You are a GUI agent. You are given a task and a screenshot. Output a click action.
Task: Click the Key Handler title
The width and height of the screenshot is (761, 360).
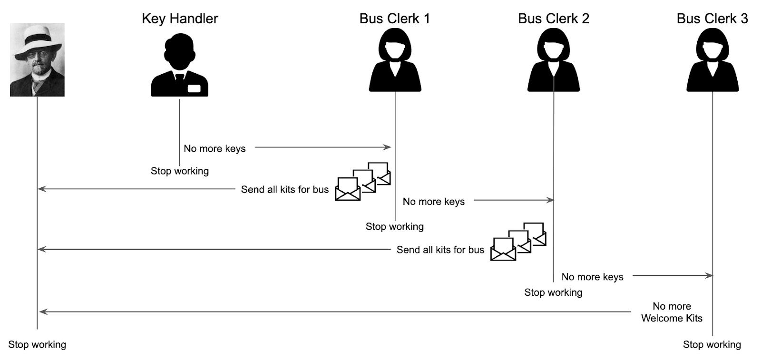(x=180, y=19)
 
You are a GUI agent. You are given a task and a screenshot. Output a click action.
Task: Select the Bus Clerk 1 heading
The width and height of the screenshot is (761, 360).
(x=394, y=19)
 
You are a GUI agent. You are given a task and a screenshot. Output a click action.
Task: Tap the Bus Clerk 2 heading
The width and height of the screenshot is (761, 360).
(x=553, y=19)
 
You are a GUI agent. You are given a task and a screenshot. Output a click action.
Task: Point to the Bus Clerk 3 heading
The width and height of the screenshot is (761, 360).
(x=712, y=19)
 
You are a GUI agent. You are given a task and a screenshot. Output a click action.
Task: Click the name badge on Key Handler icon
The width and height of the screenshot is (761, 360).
(x=194, y=88)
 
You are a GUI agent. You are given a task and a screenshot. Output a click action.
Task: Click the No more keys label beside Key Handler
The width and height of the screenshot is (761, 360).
(x=215, y=148)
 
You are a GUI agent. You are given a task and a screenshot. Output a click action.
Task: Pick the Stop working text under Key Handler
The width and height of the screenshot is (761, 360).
(x=180, y=171)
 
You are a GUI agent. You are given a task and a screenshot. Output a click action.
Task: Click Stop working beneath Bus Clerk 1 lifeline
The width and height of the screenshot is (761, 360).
(x=394, y=226)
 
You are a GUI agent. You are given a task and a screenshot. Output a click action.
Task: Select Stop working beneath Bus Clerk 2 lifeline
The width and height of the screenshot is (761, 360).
(x=553, y=292)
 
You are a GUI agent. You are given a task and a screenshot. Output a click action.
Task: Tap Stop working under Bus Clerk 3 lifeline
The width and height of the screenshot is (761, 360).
(x=712, y=344)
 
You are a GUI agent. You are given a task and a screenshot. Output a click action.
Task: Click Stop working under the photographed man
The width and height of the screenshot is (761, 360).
(x=37, y=344)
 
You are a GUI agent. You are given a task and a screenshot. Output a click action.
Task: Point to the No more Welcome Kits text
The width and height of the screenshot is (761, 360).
(x=672, y=312)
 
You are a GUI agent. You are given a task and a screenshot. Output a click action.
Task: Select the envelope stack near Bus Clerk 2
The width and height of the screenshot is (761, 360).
(x=518, y=242)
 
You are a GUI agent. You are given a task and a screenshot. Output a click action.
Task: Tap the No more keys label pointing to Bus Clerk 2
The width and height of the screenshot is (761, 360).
(x=433, y=202)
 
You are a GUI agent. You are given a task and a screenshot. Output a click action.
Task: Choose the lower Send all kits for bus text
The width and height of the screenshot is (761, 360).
(x=440, y=250)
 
